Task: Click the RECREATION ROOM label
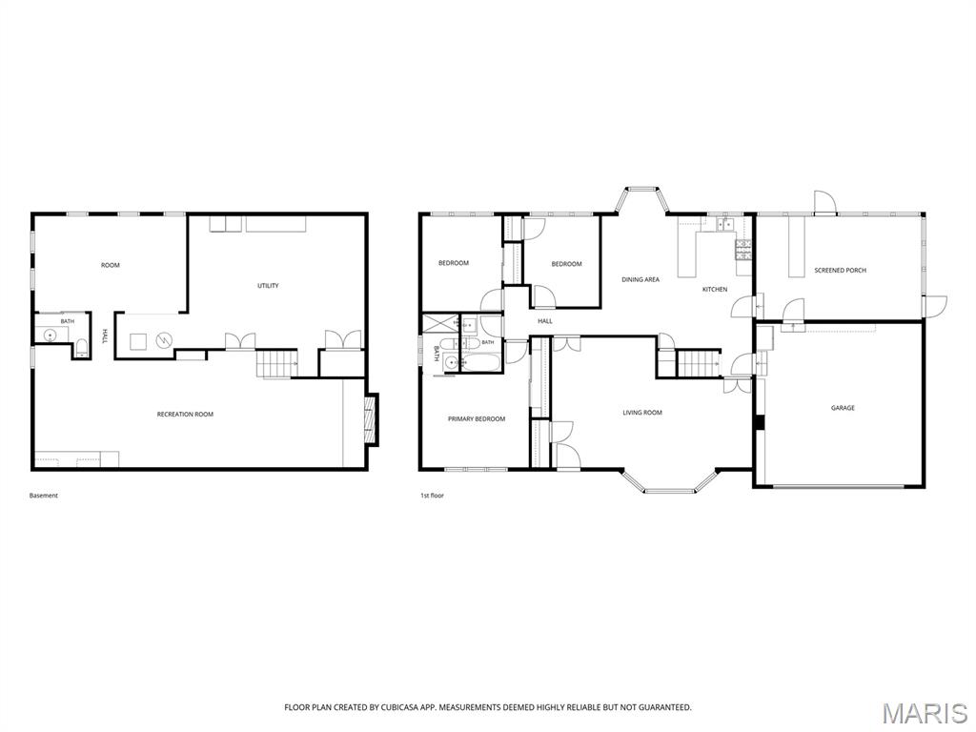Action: tap(185, 415)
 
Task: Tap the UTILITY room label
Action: tap(268, 286)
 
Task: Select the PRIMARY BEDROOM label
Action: tap(477, 419)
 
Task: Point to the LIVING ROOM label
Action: tap(642, 413)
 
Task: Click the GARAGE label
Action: tap(843, 408)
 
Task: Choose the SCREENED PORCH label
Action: tap(841, 270)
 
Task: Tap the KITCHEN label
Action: tap(715, 290)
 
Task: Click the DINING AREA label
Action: tap(640, 279)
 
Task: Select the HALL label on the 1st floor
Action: tap(545, 321)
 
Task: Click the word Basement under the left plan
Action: tap(44, 496)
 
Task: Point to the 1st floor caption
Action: tap(432, 496)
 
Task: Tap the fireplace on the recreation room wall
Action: tap(371, 420)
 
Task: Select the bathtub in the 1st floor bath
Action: tap(480, 363)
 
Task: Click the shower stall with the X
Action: tap(440, 324)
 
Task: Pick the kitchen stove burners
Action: tap(743, 250)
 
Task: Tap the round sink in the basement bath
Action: tap(50, 335)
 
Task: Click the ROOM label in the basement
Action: tap(111, 265)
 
